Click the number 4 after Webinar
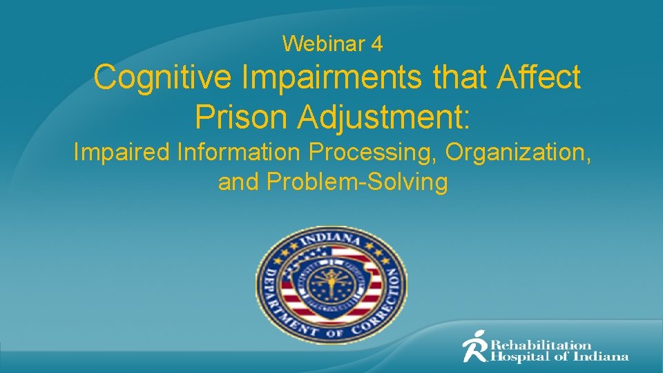[377, 44]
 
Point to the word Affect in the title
[539, 77]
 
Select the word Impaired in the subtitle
[120, 152]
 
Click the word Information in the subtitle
[232, 152]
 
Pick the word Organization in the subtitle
[518, 152]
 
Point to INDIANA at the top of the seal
[332, 241]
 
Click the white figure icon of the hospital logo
[474, 346]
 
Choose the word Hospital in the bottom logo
[519, 357]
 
